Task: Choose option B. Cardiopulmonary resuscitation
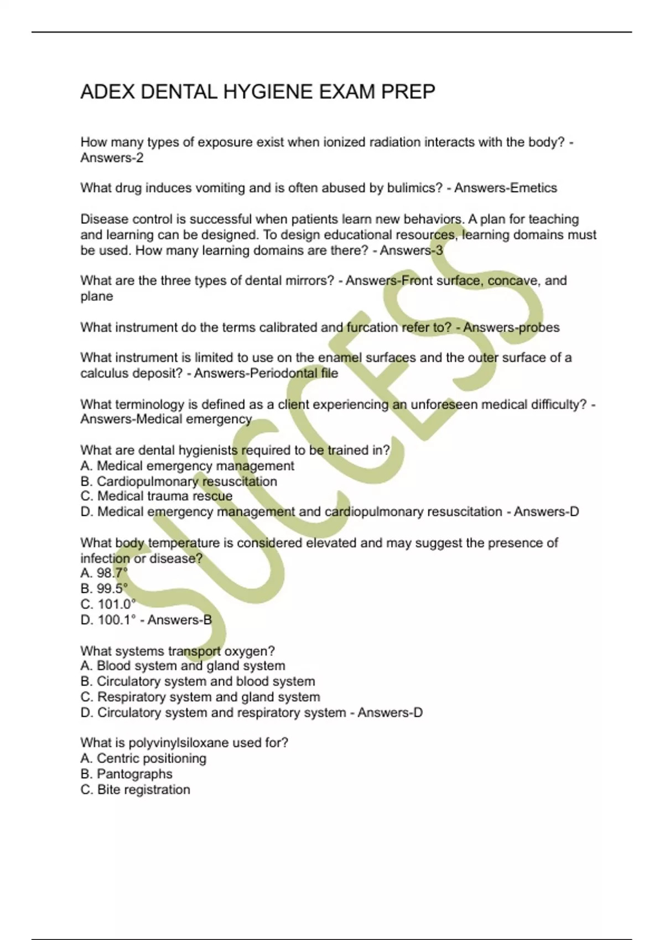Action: coord(179,482)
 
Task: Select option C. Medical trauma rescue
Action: coord(157,497)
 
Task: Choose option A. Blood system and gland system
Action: coord(183,666)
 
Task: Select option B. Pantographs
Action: coord(126,774)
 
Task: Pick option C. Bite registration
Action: coord(135,790)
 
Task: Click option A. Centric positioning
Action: coord(143,759)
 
